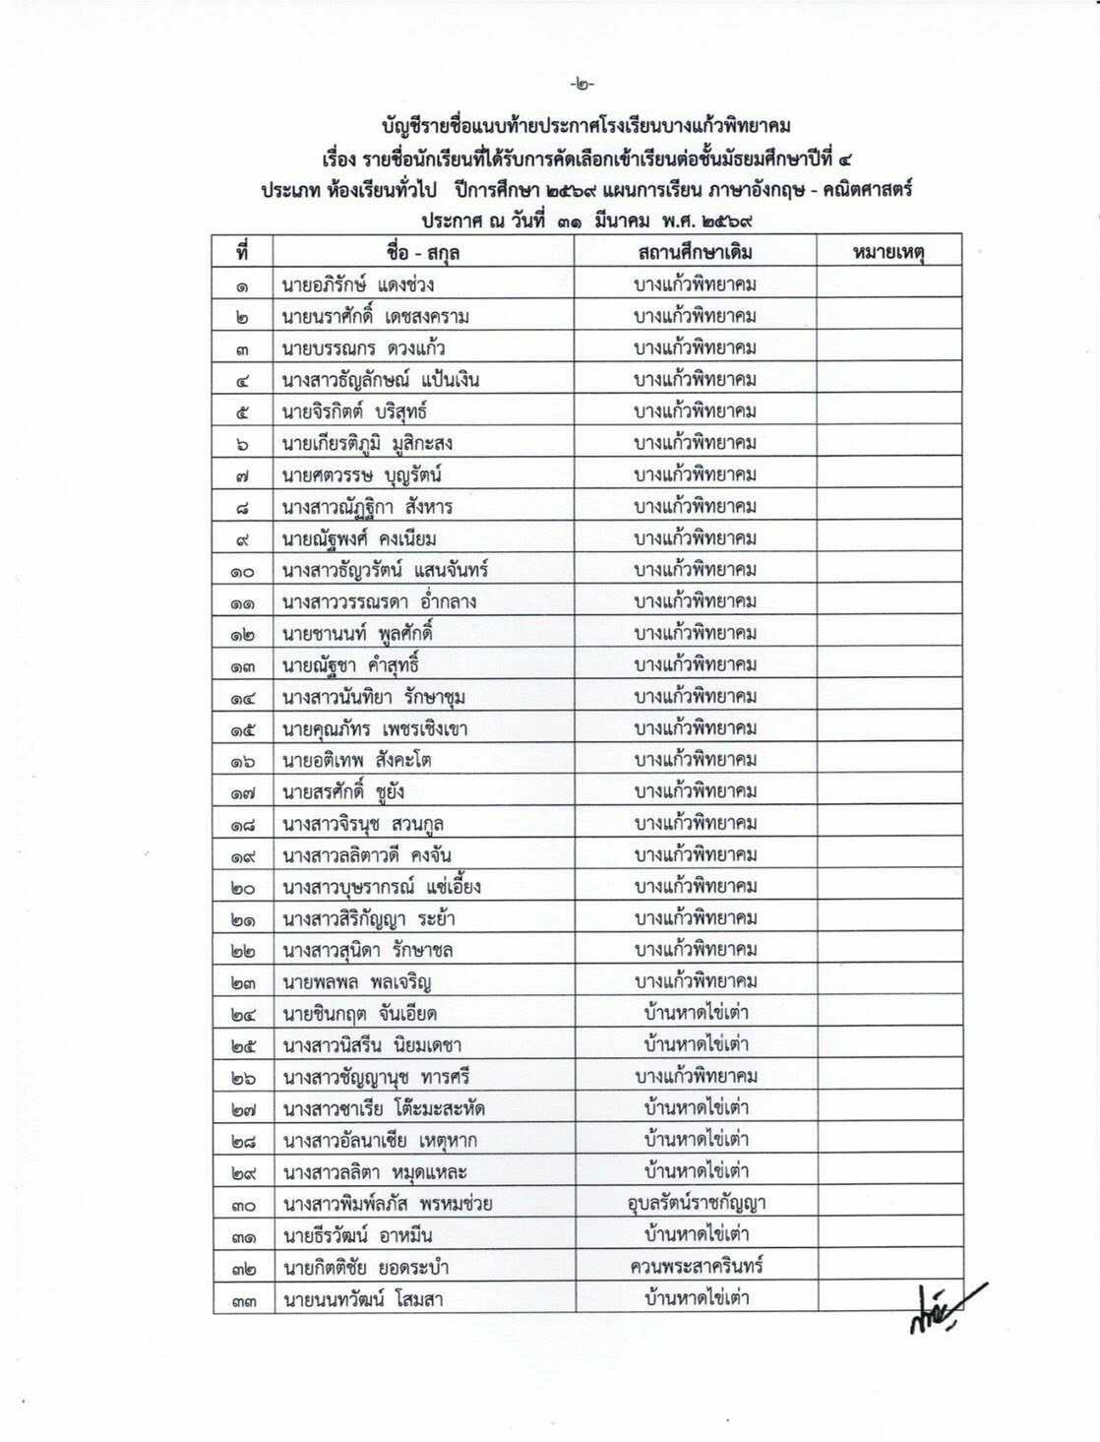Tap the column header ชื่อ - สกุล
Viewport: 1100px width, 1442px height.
[x=423, y=252]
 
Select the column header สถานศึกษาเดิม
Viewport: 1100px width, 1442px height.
[x=695, y=252]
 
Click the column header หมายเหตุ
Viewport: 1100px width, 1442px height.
[x=889, y=252]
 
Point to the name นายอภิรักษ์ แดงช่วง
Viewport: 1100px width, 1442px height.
[x=358, y=285]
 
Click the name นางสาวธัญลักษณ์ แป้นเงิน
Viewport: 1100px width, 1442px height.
[x=381, y=380]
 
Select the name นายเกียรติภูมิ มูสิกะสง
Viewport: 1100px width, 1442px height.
[x=367, y=444]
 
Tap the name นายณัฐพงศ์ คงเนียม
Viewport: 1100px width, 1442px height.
[x=359, y=538]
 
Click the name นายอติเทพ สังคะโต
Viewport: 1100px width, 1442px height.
[x=357, y=760]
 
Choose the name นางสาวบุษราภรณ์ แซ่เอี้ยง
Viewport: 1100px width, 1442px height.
[x=382, y=887]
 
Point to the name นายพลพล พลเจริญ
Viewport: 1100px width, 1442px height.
[x=357, y=981]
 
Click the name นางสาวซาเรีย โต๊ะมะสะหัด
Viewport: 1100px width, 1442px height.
[x=384, y=1108]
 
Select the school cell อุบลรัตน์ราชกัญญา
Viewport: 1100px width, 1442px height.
[x=696, y=1202]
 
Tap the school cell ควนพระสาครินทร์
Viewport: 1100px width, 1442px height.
[x=696, y=1265]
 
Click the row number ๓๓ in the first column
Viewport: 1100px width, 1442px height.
[x=243, y=1299]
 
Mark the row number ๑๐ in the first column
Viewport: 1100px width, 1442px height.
[x=243, y=571]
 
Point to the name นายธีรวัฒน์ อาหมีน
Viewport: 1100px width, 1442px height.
[x=357, y=1235]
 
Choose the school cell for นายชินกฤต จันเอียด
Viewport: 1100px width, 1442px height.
[x=696, y=1012]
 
